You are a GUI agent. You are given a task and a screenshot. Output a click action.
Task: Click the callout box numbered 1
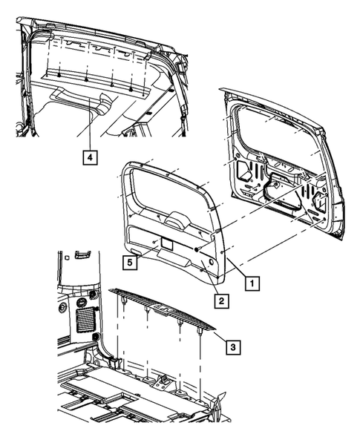pos(253,283)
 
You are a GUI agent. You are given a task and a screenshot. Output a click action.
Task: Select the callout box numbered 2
pos(220,300)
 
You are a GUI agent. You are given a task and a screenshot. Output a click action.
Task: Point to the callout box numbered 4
pos(88,157)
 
